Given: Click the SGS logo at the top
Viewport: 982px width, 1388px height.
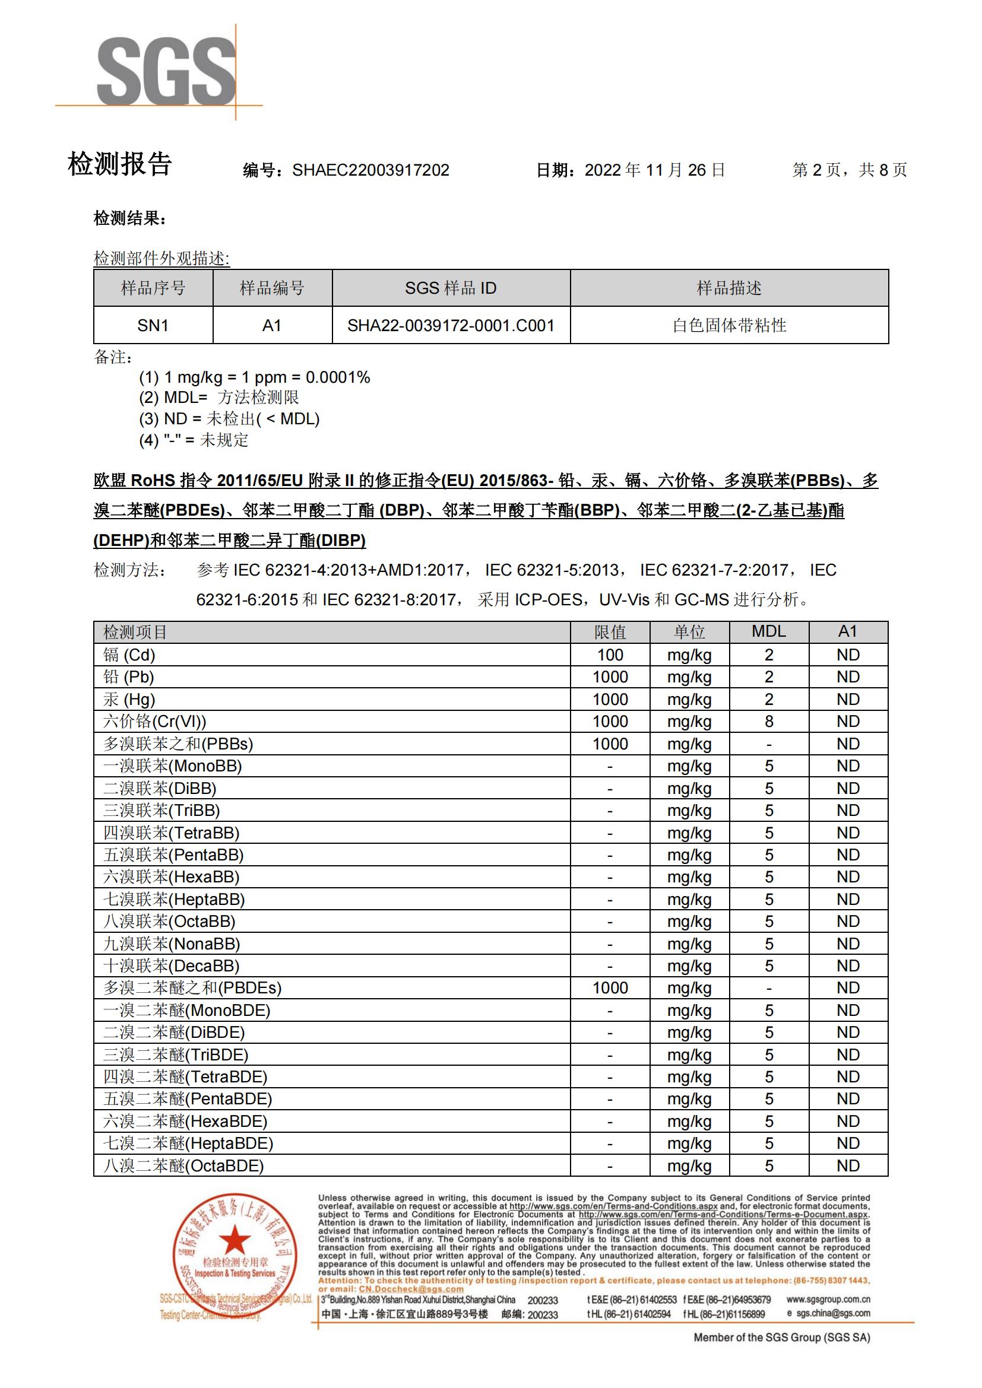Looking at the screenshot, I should pos(166,71).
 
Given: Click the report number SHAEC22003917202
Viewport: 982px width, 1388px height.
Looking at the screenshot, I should pos(370,170).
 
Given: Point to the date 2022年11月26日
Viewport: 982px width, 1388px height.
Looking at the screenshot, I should pos(654,170).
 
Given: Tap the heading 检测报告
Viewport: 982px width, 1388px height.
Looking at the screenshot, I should pos(120,164).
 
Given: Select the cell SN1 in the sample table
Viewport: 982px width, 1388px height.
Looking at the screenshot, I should pos(153,325).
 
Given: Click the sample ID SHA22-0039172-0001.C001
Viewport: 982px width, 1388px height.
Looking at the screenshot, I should pos(451,325).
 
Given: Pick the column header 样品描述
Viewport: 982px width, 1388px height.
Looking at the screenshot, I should pos(728,288).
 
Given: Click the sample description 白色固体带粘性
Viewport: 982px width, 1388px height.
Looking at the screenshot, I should pos(728,325).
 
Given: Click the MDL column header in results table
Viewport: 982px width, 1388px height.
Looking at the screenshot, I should pos(768,632).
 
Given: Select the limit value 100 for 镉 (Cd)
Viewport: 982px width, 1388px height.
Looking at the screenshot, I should pos(610,655).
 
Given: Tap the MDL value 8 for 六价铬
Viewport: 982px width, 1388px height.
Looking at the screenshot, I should pos(768,721).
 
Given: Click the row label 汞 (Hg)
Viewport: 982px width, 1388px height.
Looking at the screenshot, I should pos(129,700).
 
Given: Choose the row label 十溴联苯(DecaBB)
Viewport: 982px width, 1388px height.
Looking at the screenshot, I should pos(172,965).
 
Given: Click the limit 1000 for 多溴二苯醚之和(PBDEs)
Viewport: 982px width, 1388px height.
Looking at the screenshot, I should pos(610,988).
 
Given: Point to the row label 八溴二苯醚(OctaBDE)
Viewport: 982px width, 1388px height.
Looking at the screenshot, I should pos(184,1165).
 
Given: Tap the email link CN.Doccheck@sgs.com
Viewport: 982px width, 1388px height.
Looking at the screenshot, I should pos(411,1288).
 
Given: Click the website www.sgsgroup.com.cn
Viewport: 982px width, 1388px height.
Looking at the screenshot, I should pos(828,1299).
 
